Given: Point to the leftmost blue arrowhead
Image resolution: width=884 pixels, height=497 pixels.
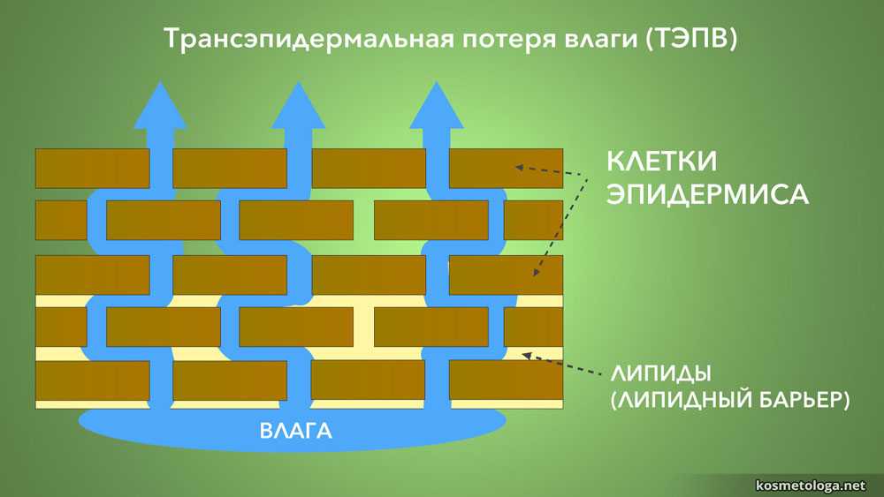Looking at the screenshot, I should tap(160, 107).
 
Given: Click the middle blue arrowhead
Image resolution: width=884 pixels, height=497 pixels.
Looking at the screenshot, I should tap(298, 107).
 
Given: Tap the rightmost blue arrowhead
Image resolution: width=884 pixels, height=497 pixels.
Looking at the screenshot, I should tap(437, 107).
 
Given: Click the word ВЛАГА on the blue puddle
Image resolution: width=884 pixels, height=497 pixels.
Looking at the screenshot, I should tap(295, 432).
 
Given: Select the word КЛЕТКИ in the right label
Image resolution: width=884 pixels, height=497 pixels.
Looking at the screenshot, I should tap(660, 162).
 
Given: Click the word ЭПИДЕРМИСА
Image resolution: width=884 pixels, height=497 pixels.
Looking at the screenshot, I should tap(707, 194).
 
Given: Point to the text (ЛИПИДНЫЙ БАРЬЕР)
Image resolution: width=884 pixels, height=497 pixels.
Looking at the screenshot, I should tap(730, 400).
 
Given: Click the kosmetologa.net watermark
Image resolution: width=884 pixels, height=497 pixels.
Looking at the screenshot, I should tap(812, 485).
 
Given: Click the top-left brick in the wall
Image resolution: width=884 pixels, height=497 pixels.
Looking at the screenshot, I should tap(92, 169).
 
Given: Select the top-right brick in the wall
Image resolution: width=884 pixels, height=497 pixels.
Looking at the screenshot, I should tap(506, 169).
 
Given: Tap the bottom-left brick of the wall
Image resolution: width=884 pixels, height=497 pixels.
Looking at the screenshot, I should tap(92, 380).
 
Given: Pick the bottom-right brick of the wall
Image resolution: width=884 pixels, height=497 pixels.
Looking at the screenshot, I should tap(506, 380).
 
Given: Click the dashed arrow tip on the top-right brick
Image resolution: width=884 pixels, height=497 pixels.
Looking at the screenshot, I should tap(519, 166).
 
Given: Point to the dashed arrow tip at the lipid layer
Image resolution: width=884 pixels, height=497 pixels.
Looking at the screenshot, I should tap(525, 355).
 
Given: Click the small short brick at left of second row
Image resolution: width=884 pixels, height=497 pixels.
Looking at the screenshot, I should tap(61, 221).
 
